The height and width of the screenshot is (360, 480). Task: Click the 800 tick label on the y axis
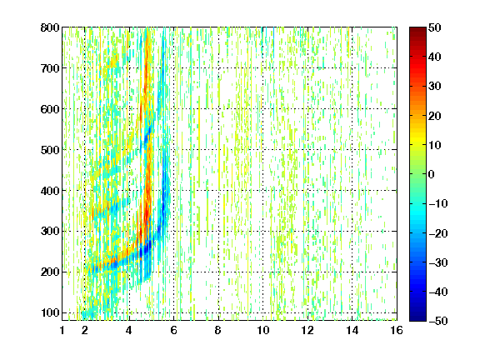pos(50,27)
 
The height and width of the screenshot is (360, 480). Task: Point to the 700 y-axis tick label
pos(50,68)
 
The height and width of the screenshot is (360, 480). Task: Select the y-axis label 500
pos(50,150)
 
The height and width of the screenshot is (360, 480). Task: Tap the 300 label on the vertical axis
pos(50,232)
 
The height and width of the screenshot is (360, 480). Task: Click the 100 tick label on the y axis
pos(50,312)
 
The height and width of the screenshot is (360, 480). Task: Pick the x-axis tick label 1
pos(62,330)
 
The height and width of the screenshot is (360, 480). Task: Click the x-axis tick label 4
pos(129,330)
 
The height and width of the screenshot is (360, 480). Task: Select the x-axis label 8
pos(218,330)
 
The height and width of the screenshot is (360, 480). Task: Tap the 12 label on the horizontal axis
pos(307,330)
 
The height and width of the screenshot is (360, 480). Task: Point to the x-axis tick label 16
pos(397,330)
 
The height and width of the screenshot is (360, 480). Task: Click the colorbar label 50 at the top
pos(435,27)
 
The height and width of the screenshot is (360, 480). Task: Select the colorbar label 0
pos(432,174)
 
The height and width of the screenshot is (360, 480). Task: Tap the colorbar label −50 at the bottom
pos(438,321)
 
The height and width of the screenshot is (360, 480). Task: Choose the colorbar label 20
pos(435,116)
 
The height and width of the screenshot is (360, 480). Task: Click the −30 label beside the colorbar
pos(438,262)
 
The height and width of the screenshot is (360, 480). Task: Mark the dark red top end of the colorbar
pos(417,28)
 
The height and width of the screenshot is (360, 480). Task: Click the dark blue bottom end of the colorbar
pos(417,319)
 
